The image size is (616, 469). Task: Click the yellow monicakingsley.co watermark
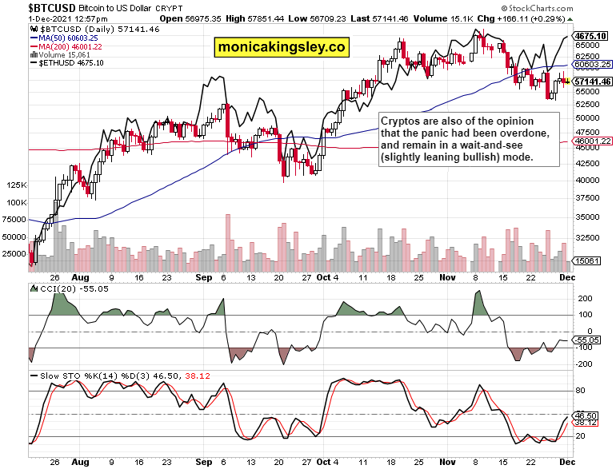(x=282, y=47)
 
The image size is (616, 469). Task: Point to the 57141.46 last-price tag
(x=593, y=81)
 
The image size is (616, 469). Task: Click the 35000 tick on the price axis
(x=587, y=217)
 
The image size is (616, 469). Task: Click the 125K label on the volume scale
(x=15, y=185)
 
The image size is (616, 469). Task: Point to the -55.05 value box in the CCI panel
(x=588, y=340)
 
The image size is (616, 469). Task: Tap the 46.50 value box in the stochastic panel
(x=588, y=415)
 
